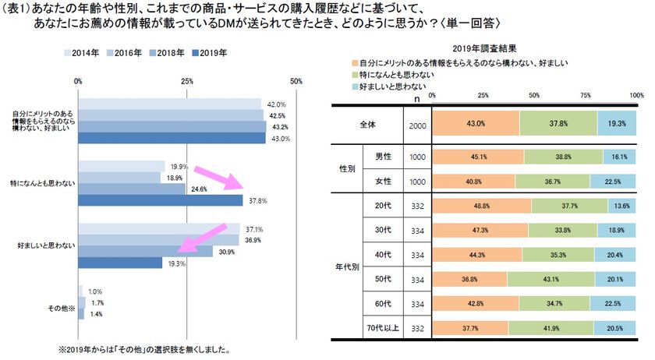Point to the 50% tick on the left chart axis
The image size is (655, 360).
pyautogui.click(x=296, y=80)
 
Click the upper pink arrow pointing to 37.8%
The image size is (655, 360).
pyautogui.click(x=221, y=178)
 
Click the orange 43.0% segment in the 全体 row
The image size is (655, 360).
pyautogui.click(x=475, y=123)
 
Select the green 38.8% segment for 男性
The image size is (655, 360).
pyautogui.click(x=564, y=157)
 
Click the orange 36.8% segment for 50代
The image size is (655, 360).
pyautogui.click(x=469, y=279)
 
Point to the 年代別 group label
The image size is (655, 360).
pyautogui.click(x=349, y=266)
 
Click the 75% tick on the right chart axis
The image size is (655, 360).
pyautogui.click(x=585, y=94)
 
